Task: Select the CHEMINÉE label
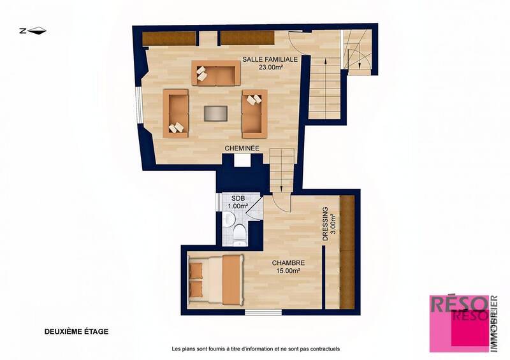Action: point(242,148)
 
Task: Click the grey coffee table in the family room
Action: point(215,113)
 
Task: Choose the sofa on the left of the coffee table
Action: point(176,113)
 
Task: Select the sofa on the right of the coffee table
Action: point(254,113)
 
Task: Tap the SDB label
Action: point(238,198)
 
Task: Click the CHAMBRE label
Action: point(288,263)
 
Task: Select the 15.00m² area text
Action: point(288,271)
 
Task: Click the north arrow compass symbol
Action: point(33,30)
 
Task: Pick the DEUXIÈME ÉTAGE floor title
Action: point(76,331)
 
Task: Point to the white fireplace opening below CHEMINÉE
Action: point(242,161)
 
